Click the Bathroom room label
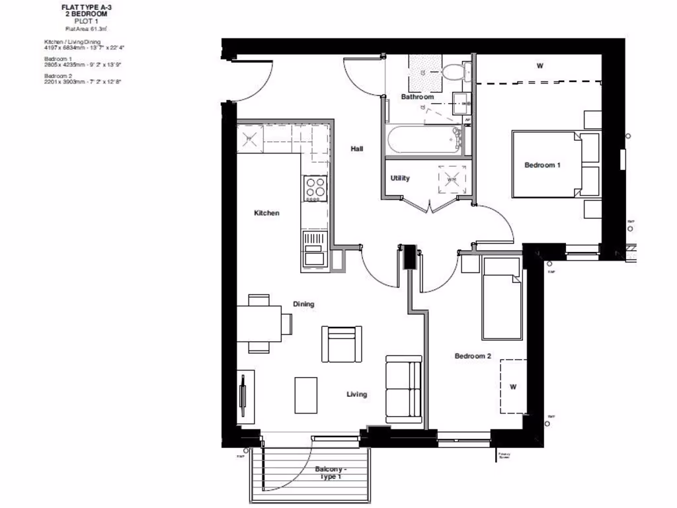pyautogui.click(x=417, y=97)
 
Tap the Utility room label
pyautogui.click(x=400, y=178)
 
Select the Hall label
pyautogui.click(x=357, y=149)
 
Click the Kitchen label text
pyautogui.click(x=266, y=213)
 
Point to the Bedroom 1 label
pyautogui.click(x=542, y=165)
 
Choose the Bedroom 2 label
pyautogui.click(x=473, y=356)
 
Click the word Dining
pyautogui.click(x=303, y=304)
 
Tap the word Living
pyautogui.click(x=357, y=394)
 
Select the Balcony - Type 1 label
pyautogui.click(x=331, y=472)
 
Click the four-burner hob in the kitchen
pyautogui.click(x=315, y=188)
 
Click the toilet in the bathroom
pyautogui.click(x=453, y=71)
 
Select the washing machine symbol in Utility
pyautogui.click(x=452, y=179)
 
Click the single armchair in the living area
pyautogui.click(x=341, y=344)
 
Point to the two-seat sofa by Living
pyautogui.click(x=404, y=389)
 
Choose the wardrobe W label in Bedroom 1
pyautogui.click(x=539, y=65)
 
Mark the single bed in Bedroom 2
pyautogui.click(x=502, y=298)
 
